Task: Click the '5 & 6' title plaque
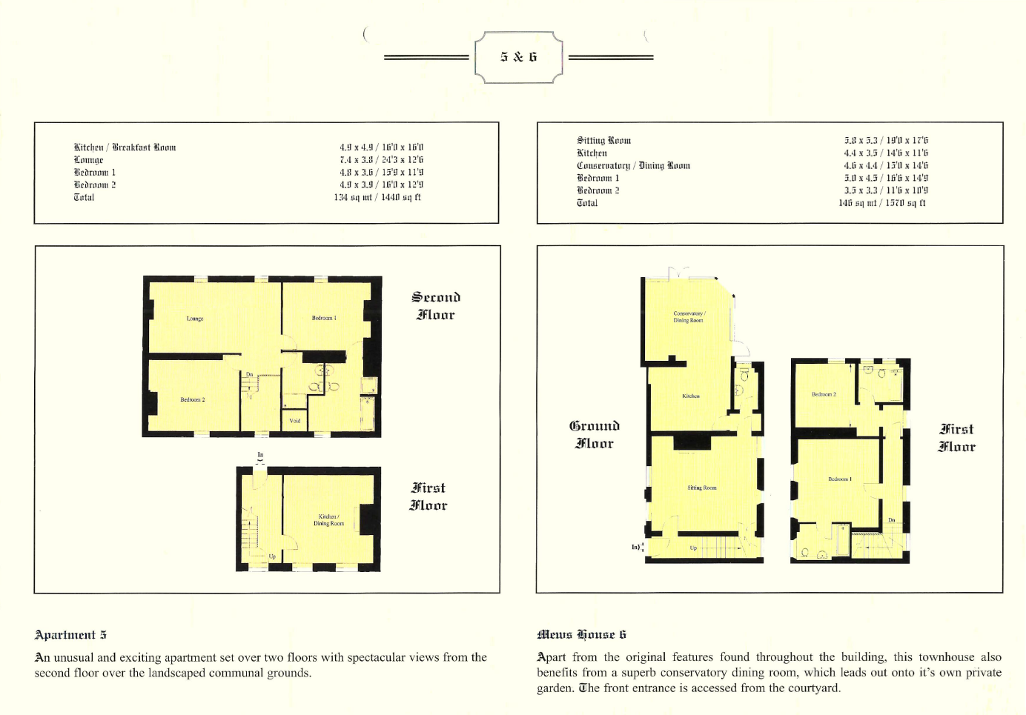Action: click(x=518, y=57)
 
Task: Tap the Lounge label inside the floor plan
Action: click(x=195, y=319)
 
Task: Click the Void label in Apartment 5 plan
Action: click(x=295, y=421)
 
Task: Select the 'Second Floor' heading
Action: click(x=436, y=306)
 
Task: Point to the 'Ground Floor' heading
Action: click(x=595, y=434)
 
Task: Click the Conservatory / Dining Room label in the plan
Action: click(x=689, y=316)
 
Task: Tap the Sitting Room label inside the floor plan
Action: click(x=701, y=488)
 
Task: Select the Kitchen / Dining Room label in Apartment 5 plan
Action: click(x=328, y=520)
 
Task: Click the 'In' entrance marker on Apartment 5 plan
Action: click(x=260, y=455)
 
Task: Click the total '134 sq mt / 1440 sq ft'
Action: click(x=377, y=197)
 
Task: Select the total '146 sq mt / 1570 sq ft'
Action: click(x=882, y=202)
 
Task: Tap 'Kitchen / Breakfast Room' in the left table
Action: click(x=125, y=147)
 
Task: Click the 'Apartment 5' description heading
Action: click(x=70, y=635)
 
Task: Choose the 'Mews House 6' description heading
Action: click(x=582, y=634)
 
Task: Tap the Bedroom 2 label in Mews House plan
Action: click(x=824, y=394)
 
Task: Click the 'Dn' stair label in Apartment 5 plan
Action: click(x=250, y=375)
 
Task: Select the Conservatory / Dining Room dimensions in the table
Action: click(x=885, y=165)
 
